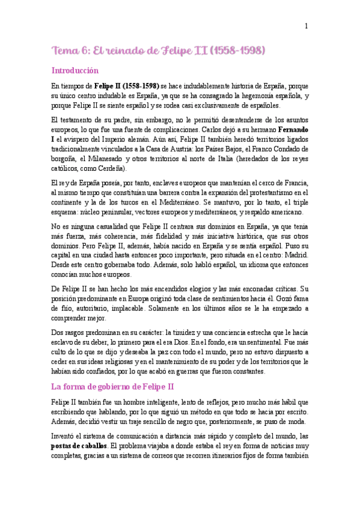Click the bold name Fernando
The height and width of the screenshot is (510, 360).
(292, 129)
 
